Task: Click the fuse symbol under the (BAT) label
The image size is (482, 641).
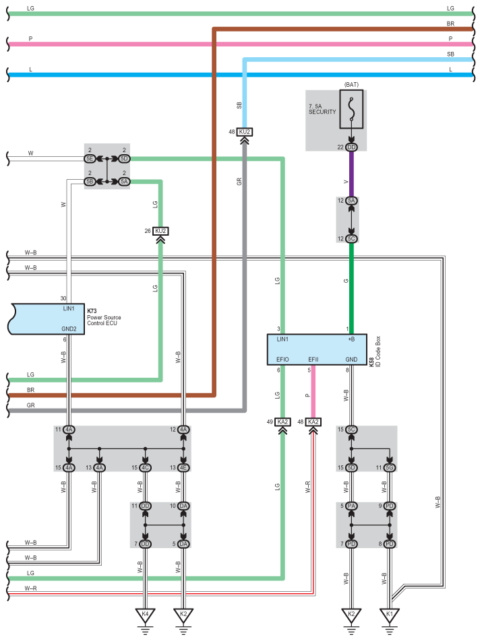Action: tap(351, 110)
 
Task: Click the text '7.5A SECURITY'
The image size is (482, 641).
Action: tap(322, 109)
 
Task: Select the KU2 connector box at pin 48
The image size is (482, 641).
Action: tap(244, 132)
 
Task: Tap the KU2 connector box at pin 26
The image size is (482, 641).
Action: tap(160, 231)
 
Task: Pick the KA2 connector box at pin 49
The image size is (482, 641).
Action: tap(282, 422)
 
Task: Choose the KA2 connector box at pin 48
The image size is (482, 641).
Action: tap(313, 422)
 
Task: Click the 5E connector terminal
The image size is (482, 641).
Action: tap(90, 159)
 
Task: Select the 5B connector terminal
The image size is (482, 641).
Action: tap(90, 182)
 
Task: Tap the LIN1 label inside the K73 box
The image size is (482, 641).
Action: tap(69, 308)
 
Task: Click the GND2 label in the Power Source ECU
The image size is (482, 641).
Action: tap(69, 329)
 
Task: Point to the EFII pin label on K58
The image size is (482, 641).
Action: tap(313, 360)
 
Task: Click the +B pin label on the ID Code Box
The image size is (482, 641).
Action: tap(351, 339)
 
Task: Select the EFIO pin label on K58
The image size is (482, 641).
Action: tap(282, 360)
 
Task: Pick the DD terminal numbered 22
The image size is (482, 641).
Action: tap(351, 147)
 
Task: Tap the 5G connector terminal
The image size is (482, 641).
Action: tap(390, 468)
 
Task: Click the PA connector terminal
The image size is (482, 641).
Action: tap(351, 506)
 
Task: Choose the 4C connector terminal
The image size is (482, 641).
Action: tap(145, 468)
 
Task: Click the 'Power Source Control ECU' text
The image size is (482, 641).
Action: tap(104, 320)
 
